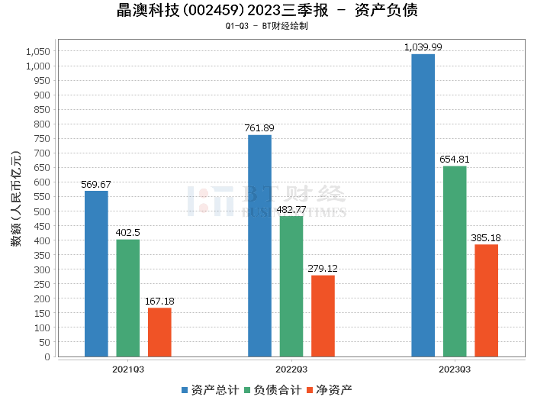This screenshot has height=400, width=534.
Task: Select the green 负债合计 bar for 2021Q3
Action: tap(128, 298)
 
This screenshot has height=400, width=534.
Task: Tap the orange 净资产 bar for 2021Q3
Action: tap(159, 332)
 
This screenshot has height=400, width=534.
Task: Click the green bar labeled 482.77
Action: tap(291, 286)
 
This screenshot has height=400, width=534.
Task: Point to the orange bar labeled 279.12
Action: tap(323, 316)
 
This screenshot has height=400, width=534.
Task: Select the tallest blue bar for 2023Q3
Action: tap(423, 205)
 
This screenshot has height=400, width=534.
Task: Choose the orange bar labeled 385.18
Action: tap(486, 300)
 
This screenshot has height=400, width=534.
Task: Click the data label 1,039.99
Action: tap(423, 47)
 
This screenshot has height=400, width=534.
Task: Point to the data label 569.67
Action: tap(96, 184)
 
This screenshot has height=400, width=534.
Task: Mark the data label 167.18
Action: tap(159, 302)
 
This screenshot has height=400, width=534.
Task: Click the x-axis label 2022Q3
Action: tap(291, 369)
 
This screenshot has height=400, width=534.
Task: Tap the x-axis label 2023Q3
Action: tap(455, 369)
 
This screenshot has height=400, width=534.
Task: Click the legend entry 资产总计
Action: tap(209, 389)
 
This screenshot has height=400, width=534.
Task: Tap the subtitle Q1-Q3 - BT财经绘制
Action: tap(267, 26)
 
